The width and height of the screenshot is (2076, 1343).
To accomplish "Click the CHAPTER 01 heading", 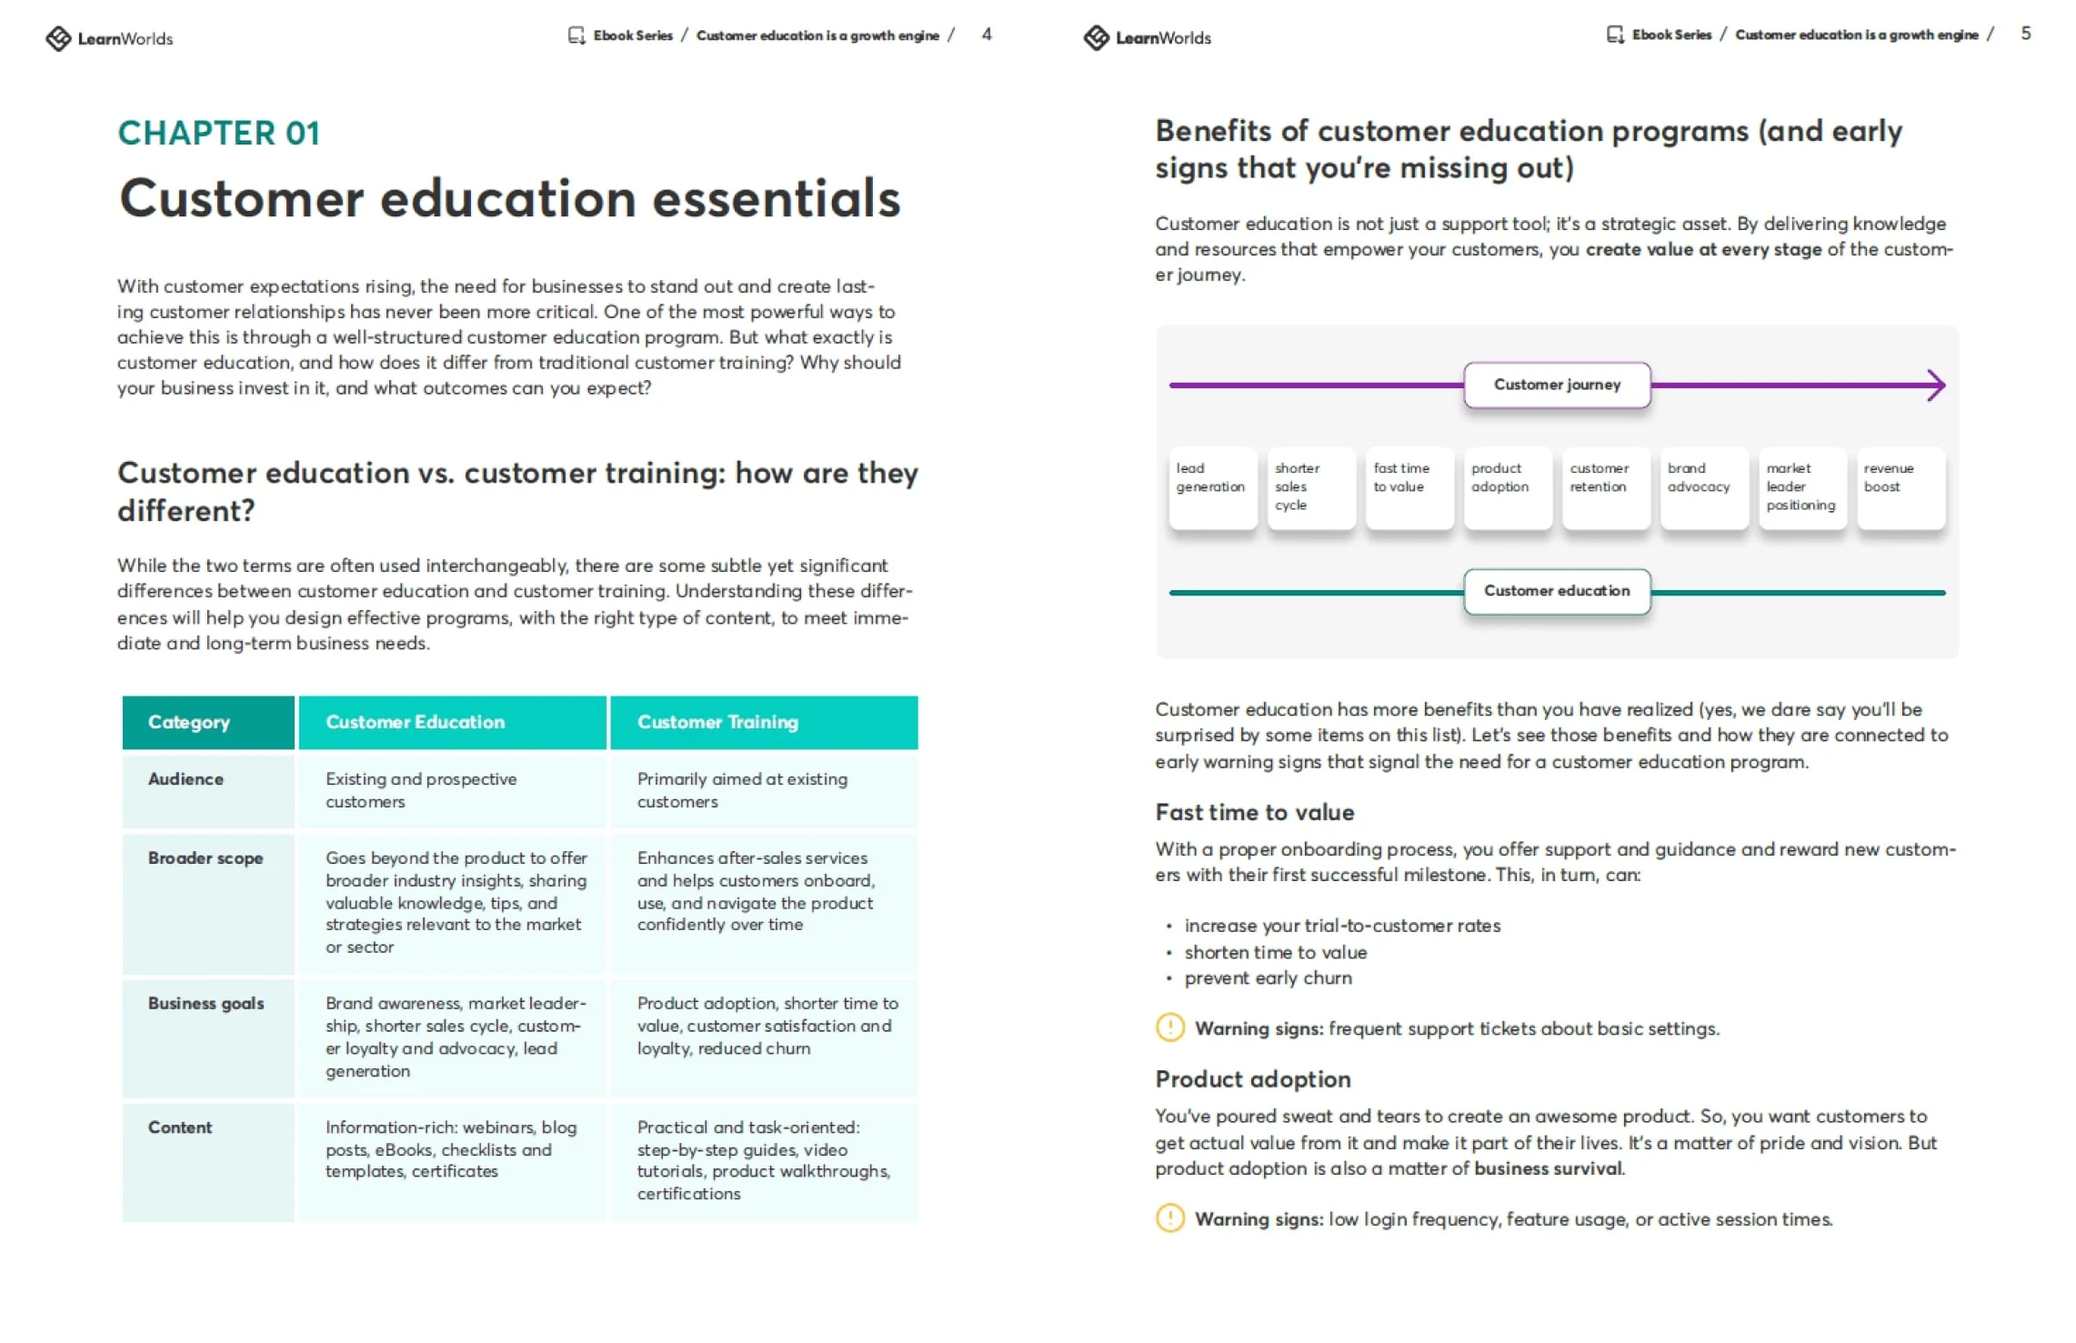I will [x=218, y=134].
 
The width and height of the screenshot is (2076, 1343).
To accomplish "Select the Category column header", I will [x=189, y=723].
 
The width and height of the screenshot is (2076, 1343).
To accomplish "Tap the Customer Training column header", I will [x=717, y=723].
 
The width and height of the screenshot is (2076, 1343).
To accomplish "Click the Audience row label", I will [x=186, y=779].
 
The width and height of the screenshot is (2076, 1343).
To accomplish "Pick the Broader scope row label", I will [x=206, y=858].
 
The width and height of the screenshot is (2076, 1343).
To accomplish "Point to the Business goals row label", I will [x=206, y=1004].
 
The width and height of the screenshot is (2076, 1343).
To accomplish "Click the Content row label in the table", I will [x=180, y=1128].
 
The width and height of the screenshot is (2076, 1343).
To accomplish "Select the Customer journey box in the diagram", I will [x=1557, y=386].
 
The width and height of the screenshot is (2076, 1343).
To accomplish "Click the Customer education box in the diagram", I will [x=1557, y=592].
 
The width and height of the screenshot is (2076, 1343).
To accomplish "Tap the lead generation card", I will [x=1212, y=487].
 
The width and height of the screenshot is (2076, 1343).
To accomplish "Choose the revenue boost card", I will [x=1900, y=487].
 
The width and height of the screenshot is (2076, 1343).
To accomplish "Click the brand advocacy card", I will [x=1703, y=487].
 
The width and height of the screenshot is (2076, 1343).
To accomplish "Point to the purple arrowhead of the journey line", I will [x=1938, y=386].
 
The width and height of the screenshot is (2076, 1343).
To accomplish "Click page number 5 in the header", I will [x=2026, y=34].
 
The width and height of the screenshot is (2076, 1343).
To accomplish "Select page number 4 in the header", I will [x=987, y=35].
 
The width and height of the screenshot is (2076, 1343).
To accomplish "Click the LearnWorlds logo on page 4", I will [x=109, y=38].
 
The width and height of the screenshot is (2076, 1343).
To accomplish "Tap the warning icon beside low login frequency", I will [x=1170, y=1218].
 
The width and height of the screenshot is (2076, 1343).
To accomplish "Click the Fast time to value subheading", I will [x=1255, y=813].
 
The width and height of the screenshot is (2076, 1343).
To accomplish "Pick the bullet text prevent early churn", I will [x=1268, y=978].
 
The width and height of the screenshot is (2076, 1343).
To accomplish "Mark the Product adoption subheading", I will [x=1253, y=1079].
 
